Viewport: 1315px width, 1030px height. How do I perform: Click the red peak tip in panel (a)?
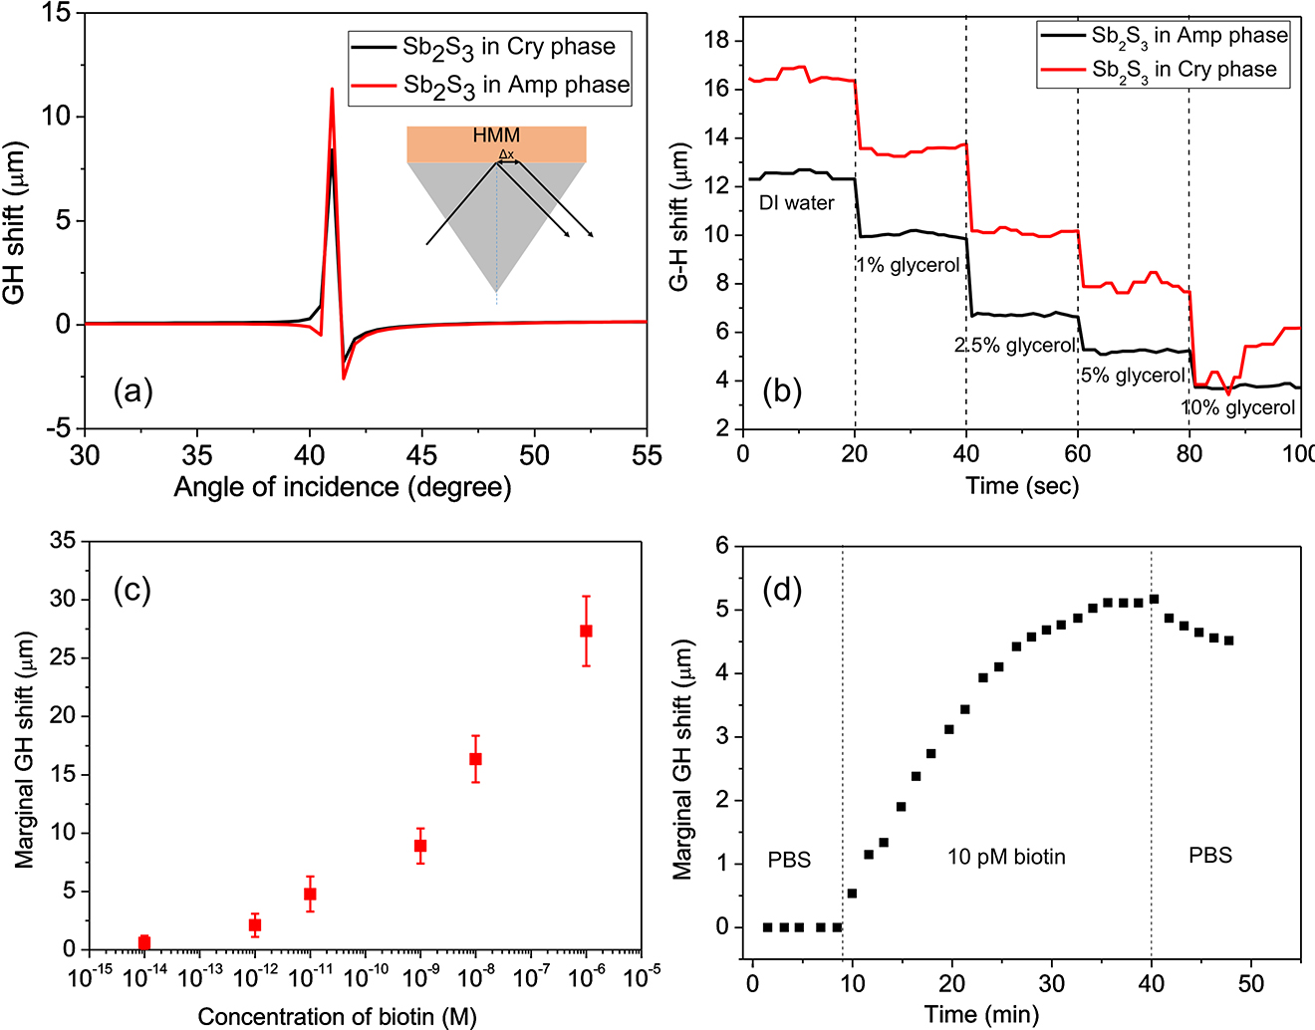pyautogui.click(x=333, y=90)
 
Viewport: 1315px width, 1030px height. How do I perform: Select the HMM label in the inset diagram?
pyautogui.click(x=496, y=135)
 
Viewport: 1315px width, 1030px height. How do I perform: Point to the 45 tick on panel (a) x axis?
pyautogui.click(x=421, y=455)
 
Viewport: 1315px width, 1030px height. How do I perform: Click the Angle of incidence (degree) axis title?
pyautogui.click(x=343, y=487)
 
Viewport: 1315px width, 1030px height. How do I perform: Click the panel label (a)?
pyautogui.click(x=133, y=390)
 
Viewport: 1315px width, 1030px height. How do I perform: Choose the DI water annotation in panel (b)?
pyautogui.click(x=796, y=203)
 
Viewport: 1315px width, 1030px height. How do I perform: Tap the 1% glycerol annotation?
pyautogui.click(x=908, y=266)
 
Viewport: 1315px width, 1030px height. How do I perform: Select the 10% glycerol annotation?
pyautogui.click(x=1238, y=407)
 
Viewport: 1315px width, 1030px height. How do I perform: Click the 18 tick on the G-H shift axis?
pyautogui.click(x=717, y=41)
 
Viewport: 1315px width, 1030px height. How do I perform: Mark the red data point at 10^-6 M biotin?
pyautogui.click(x=587, y=631)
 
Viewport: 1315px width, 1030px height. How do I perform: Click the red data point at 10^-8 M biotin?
pyautogui.click(x=476, y=759)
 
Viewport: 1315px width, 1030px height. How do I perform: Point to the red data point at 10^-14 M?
pyautogui.click(x=144, y=942)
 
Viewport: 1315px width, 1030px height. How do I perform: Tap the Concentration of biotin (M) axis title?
pyautogui.click(x=337, y=1016)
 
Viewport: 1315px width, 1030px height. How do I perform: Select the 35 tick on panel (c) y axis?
pyautogui.click(x=63, y=541)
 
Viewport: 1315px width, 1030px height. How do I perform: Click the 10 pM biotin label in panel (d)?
pyautogui.click(x=1006, y=857)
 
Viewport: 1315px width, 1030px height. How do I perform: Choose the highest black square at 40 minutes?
pyautogui.click(x=1154, y=599)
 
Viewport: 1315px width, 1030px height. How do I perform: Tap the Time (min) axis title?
pyautogui.click(x=981, y=1014)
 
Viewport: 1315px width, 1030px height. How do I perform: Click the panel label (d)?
pyautogui.click(x=782, y=590)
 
